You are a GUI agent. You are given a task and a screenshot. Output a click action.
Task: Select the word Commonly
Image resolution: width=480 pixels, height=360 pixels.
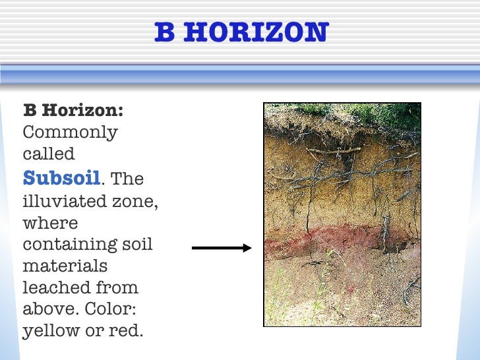[70, 133]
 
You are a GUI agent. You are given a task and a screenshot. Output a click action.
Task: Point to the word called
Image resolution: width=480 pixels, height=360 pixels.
[49, 154]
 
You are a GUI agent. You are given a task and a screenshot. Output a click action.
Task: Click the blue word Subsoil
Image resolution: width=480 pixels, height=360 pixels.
[62, 177]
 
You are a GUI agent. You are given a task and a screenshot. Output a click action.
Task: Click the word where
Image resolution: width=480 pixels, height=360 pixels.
[50, 222]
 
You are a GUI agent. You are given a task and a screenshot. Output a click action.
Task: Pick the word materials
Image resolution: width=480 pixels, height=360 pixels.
[65, 266]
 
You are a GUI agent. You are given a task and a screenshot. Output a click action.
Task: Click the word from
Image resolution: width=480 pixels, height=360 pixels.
[118, 288]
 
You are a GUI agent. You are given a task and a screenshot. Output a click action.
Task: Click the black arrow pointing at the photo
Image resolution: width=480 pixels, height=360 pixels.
[222, 248]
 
